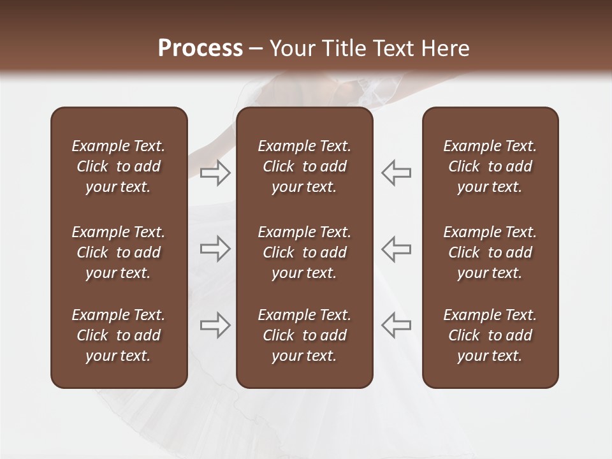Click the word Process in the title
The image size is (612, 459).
pos(200,48)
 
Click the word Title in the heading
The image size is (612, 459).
pos(344,48)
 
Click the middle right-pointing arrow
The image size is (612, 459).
pos(215,249)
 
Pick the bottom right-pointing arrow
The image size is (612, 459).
pos(215,325)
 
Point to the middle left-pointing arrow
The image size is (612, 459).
pos(396,249)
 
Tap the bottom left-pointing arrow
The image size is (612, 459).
pos(396,325)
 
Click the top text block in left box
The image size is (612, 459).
pos(119,166)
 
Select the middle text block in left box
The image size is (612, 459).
pos(119,252)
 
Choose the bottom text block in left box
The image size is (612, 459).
pos(119,335)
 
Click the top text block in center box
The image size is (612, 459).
pos(304,166)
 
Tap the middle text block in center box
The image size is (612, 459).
pos(304,252)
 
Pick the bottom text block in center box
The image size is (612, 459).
pos(304,335)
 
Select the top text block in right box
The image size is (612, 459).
pos(490,166)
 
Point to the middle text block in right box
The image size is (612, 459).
pos(490,252)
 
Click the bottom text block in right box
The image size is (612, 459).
pos(490,335)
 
